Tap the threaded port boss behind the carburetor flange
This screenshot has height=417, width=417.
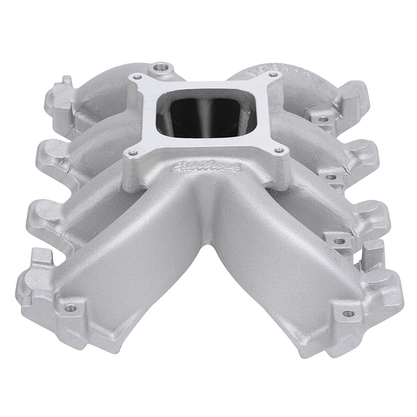click(x=160, y=67)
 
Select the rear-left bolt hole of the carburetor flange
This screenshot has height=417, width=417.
click(x=138, y=77)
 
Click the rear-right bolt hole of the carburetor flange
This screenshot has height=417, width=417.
click(x=273, y=75)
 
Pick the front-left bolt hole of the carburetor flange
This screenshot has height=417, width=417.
click(x=132, y=153)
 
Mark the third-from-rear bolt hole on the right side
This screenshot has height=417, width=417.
click(x=340, y=241)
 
